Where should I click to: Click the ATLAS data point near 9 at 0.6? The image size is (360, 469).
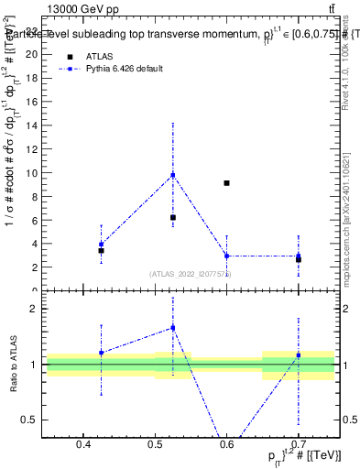226,183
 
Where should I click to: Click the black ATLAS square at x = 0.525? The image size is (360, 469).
172,217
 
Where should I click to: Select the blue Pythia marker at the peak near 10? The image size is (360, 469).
172,175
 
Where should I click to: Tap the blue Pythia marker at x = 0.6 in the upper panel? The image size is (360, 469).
226,256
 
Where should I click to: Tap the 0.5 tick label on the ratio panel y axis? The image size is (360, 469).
34,420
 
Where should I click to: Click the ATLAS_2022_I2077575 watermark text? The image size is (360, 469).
191,273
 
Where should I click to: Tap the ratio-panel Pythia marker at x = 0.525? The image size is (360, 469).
172,328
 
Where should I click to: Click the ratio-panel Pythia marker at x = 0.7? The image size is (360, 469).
298,355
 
